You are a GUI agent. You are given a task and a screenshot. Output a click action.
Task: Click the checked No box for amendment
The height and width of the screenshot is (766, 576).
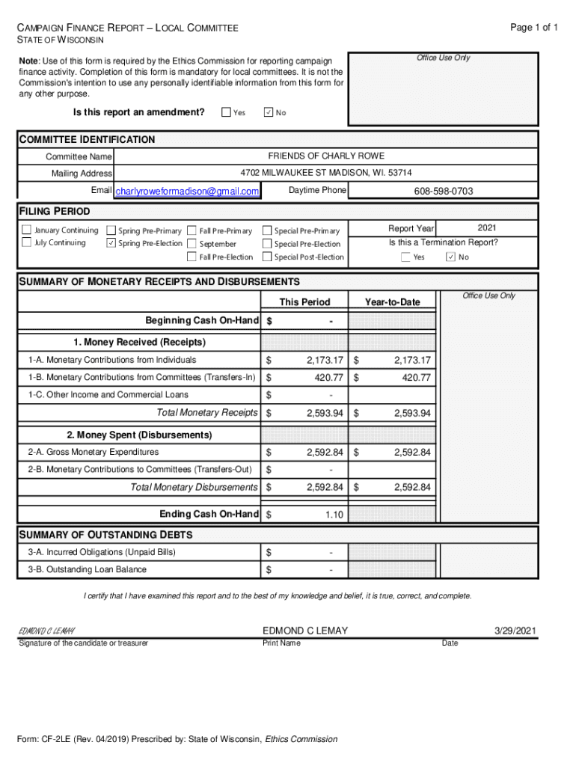(x=269, y=112)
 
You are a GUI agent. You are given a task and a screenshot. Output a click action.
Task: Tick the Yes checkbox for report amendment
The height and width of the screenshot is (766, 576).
(x=226, y=112)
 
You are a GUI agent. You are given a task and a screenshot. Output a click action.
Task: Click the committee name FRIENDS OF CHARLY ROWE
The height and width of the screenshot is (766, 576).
(x=326, y=156)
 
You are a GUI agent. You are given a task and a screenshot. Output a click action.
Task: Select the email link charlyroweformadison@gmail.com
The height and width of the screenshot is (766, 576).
(x=187, y=191)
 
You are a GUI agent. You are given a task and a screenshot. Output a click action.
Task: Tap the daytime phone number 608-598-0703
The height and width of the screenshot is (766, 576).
(x=444, y=191)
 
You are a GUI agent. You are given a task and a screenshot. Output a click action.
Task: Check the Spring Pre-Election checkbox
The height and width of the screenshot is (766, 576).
(x=111, y=243)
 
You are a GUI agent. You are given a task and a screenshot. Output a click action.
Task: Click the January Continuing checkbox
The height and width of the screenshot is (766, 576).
(x=27, y=230)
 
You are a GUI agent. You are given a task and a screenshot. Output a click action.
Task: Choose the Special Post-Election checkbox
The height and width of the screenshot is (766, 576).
(x=267, y=257)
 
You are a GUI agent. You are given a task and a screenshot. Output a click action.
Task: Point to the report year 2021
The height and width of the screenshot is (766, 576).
(x=487, y=227)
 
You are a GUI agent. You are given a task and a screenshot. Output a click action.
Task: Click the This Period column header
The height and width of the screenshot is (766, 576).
(x=304, y=301)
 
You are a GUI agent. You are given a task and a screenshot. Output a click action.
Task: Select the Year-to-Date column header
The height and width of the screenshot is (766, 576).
(x=392, y=301)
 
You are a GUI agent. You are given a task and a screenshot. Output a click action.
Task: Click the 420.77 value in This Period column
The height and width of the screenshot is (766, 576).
(x=328, y=378)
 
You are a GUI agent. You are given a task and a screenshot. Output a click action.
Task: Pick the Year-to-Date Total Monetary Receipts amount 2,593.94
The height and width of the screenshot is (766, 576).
(x=410, y=413)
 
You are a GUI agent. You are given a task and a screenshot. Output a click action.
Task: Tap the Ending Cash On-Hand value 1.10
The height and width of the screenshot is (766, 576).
(x=334, y=515)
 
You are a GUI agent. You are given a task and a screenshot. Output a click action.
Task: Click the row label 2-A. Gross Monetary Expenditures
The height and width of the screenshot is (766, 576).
(x=94, y=452)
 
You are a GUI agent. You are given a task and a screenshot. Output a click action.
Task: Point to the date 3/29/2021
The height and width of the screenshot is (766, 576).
(x=515, y=631)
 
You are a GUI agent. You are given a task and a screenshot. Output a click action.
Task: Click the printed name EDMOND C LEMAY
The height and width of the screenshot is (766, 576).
(x=305, y=631)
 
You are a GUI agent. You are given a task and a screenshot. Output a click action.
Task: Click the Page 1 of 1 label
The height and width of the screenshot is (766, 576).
(x=534, y=28)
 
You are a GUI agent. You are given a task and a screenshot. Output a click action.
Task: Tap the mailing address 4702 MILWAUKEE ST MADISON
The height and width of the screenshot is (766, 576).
(x=326, y=173)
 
